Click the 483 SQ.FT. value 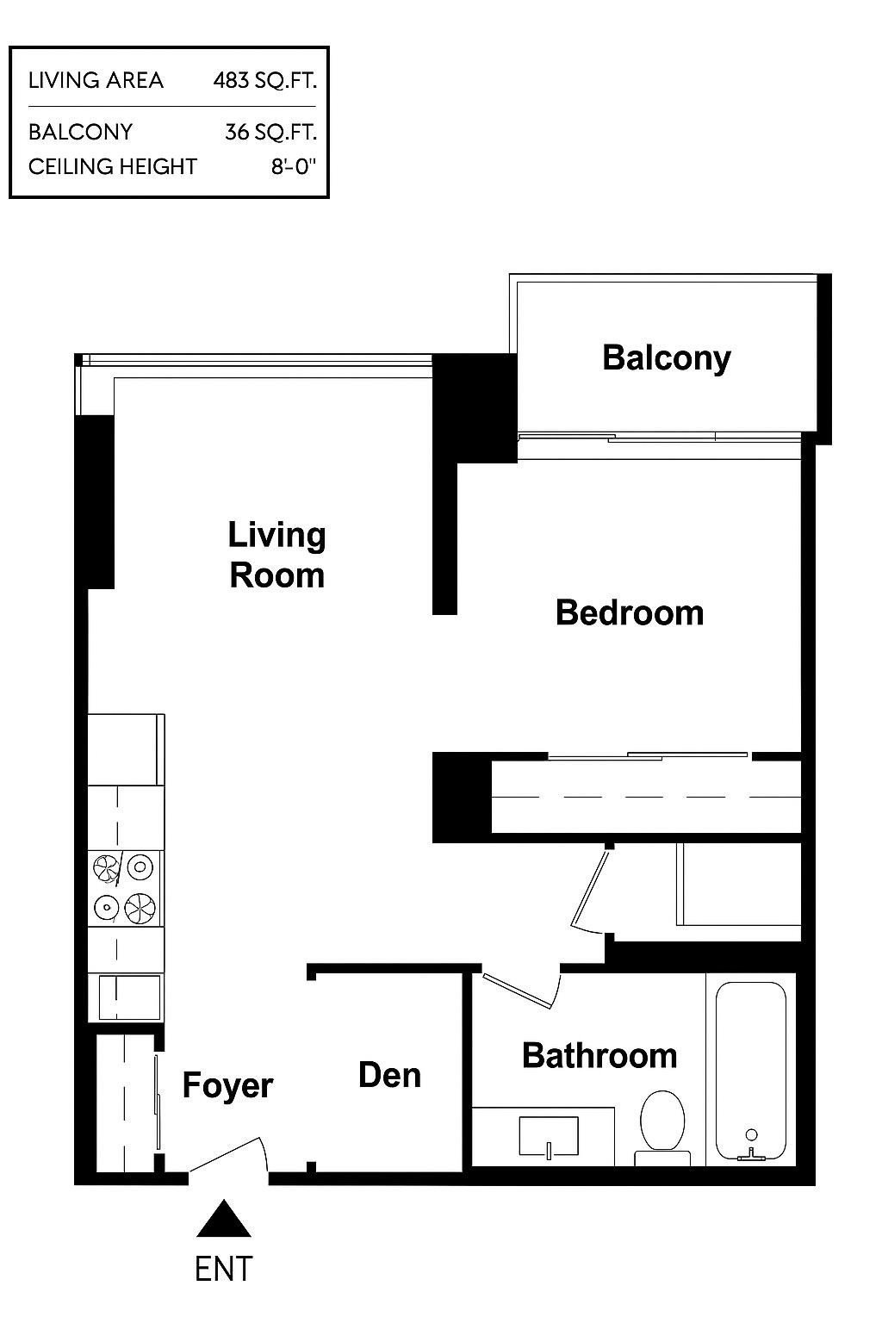[265, 81]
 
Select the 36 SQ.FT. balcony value [271, 132]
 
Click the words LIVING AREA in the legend [96, 81]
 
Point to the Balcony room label [666, 357]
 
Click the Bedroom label [630, 612]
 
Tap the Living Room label [276, 555]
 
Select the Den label [389, 1075]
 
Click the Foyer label [227, 1085]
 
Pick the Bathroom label [599, 1055]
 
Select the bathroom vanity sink [549, 1136]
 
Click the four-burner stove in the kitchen [126, 888]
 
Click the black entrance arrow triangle [224, 1221]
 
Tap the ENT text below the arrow [224, 1269]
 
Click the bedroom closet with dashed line [646, 797]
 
